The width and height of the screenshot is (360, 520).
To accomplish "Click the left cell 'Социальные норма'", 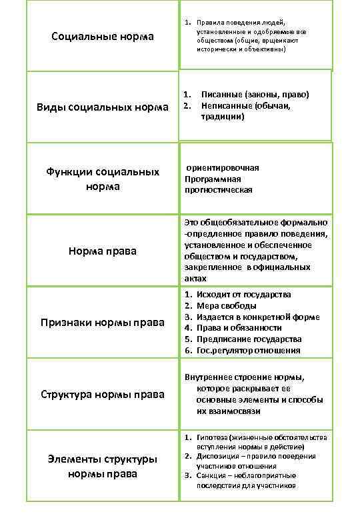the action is pos(103,36).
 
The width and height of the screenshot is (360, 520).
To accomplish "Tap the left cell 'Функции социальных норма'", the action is pos(103,179).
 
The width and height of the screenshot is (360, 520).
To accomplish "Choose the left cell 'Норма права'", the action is pos(103,251).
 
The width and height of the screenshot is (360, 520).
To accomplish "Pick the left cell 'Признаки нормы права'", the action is pos(103,323).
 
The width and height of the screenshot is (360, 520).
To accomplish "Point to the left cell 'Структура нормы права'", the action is pos(103,394).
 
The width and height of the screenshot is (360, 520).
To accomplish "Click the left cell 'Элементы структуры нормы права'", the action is pos(103,466).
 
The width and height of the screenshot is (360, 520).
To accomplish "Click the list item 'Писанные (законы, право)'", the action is pos(255,95).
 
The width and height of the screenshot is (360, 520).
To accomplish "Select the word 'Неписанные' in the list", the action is pos(223,105).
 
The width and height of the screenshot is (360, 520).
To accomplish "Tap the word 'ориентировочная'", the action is pos(223,167).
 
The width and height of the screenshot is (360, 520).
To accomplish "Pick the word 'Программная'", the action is pos(213,179).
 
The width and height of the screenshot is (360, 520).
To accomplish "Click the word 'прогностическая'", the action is pos(219,190).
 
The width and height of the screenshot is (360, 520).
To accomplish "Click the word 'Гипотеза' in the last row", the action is pos(210,437).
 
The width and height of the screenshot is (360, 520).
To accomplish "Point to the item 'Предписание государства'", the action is pos(249,339).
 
